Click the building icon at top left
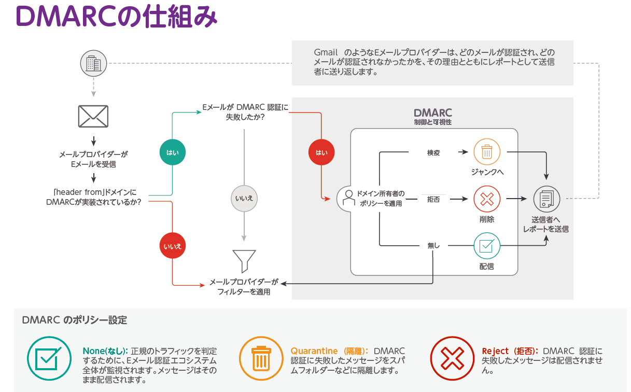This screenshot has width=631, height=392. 93,64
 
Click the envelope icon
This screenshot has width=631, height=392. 93,116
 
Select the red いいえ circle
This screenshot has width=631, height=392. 173,246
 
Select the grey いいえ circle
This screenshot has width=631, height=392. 244,199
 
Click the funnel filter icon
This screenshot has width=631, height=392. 244,261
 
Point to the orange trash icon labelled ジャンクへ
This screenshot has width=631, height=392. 487,152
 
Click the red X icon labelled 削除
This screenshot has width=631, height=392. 487,199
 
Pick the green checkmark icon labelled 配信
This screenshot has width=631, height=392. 487,245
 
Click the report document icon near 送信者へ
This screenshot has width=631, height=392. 546,199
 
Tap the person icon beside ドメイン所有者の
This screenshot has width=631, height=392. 347,198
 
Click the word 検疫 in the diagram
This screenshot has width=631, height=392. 433,152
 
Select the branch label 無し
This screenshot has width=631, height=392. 433,245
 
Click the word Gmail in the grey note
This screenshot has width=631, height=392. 326,53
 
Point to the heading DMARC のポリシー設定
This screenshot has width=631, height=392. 75,320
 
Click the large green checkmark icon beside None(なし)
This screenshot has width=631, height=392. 49,358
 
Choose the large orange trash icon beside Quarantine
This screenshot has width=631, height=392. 260,358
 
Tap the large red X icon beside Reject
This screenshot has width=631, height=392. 452,358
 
